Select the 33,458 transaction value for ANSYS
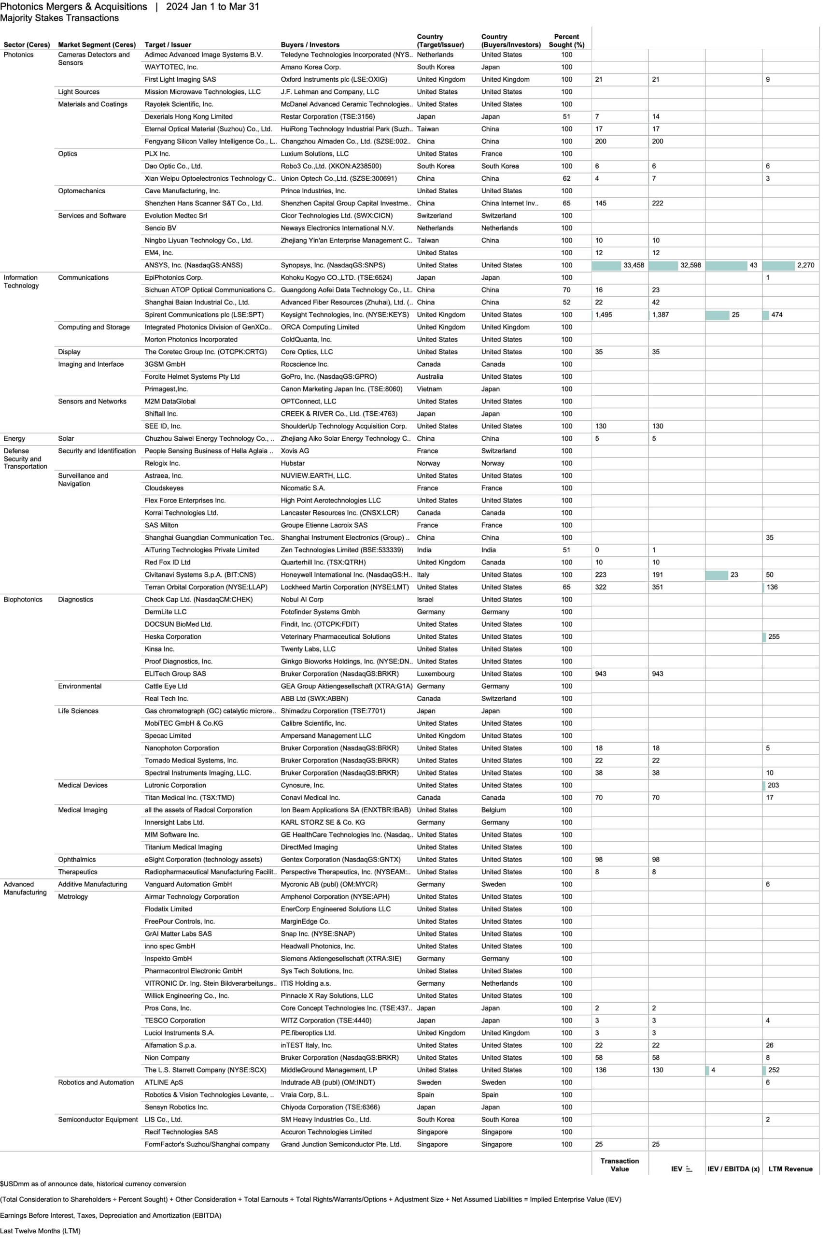[x=634, y=265]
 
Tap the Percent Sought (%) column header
[x=566, y=41]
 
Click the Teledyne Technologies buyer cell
[x=346, y=55]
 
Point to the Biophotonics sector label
[x=23, y=600]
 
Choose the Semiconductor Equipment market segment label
[x=98, y=1119]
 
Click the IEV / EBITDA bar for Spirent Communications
[x=717, y=315]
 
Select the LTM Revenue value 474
[x=776, y=315]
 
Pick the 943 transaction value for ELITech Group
[x=600, y=674]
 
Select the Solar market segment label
[x=66, y=438]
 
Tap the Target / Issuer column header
[x=168, y=45]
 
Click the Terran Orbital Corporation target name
[x=206, y=587]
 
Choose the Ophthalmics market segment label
[x=76, y=860]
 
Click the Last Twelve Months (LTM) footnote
[x=40, y=1231]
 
